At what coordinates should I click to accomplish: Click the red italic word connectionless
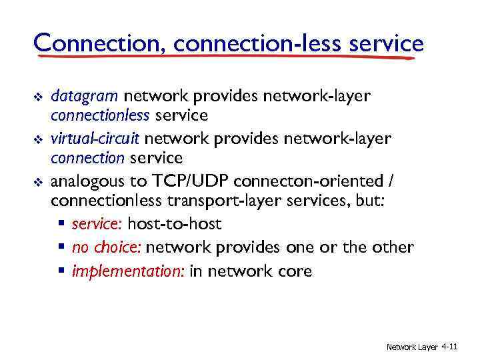tap(101, 116)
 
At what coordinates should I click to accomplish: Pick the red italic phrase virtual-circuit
tap(95, 139)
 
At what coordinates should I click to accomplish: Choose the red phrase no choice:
tap(107, 248)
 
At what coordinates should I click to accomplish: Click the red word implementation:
tap(128, 271)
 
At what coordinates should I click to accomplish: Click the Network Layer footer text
tap(411, 347)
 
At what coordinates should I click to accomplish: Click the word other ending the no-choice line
tap(391, 248)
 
